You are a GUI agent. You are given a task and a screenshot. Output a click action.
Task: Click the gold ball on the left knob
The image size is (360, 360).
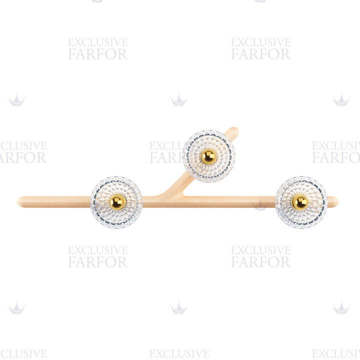117,202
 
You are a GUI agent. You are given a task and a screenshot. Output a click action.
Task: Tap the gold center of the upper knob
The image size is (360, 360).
208,157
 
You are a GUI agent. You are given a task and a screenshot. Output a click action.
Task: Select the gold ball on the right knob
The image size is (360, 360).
299,202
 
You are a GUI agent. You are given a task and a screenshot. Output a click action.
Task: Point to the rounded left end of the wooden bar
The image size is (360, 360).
18,202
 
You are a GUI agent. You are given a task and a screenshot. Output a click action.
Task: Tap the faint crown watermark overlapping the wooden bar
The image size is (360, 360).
260,204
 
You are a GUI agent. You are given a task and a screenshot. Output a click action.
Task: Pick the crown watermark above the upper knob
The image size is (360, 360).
179,99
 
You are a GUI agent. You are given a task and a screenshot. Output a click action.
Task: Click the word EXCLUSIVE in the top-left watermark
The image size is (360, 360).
98,42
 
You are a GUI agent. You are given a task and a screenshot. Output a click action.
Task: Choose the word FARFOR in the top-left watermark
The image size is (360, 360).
98,54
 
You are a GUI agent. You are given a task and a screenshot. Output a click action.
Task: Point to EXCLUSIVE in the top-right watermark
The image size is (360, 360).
261,42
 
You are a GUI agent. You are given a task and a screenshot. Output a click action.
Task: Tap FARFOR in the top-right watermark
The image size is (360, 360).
261,54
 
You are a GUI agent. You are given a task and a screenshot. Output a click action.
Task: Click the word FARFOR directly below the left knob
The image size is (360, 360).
98,262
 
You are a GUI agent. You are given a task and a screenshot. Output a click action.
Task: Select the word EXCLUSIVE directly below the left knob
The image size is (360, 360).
98,250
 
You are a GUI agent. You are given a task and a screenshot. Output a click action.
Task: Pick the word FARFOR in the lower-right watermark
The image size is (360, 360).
261,262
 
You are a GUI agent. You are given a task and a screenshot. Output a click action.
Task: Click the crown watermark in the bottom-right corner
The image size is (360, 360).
341,307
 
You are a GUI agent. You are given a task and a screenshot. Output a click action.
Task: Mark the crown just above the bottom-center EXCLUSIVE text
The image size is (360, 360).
179,307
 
